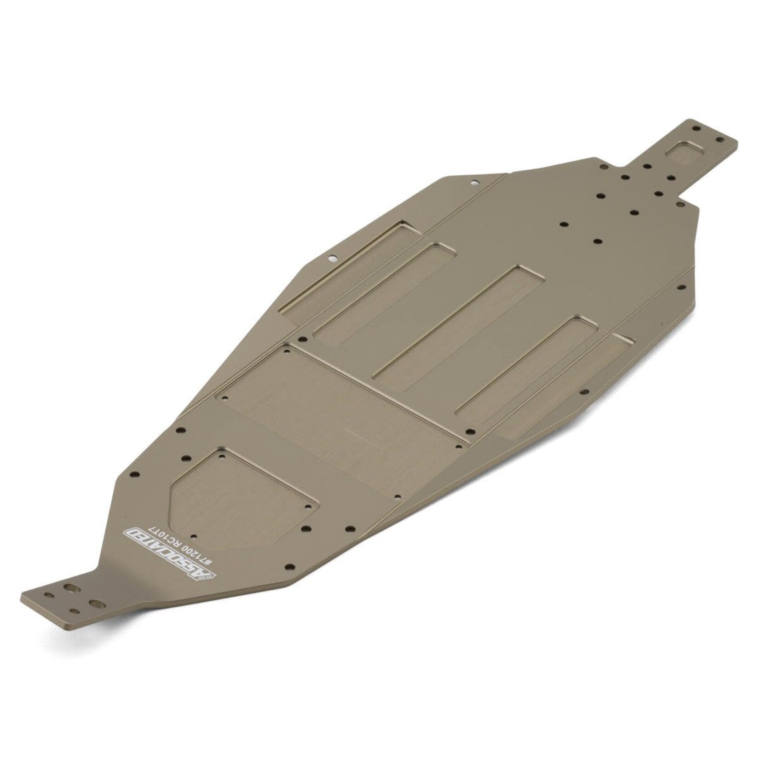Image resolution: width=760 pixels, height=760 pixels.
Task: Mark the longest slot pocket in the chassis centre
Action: click(458, 317)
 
